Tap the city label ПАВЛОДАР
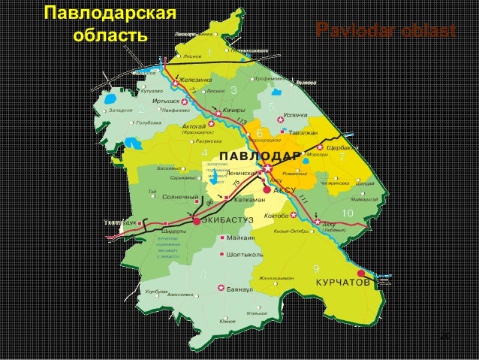click(x=262, y=156)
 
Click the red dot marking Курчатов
click(x=361, y=274)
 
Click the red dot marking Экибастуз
click(x=196, y=222)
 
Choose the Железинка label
click(x=197, y=78)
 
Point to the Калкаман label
click(x=249, y=200)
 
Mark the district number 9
click(x=315, y=268)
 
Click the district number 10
click(x=347, y=213)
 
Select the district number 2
click(x=140, y=110)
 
